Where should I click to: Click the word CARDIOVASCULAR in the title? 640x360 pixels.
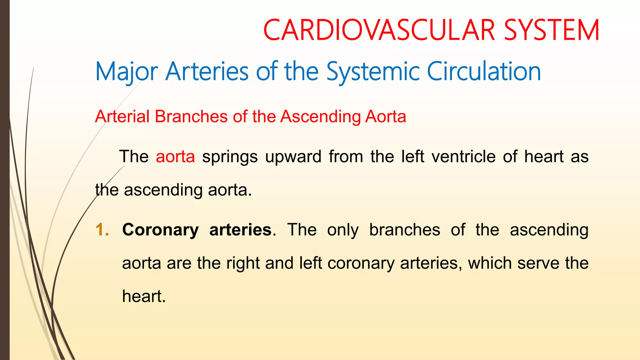[379, 30]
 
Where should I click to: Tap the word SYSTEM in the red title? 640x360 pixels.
[552, 30]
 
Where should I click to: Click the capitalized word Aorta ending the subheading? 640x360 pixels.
[386, 117]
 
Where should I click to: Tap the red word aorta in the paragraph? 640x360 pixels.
[175, 157]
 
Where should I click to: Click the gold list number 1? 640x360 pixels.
[102, 230]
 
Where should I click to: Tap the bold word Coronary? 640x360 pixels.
[160, 230]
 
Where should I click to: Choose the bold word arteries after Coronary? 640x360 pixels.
[240, 230]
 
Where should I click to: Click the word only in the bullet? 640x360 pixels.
[343, 230]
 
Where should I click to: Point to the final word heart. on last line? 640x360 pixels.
[144, 296]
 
